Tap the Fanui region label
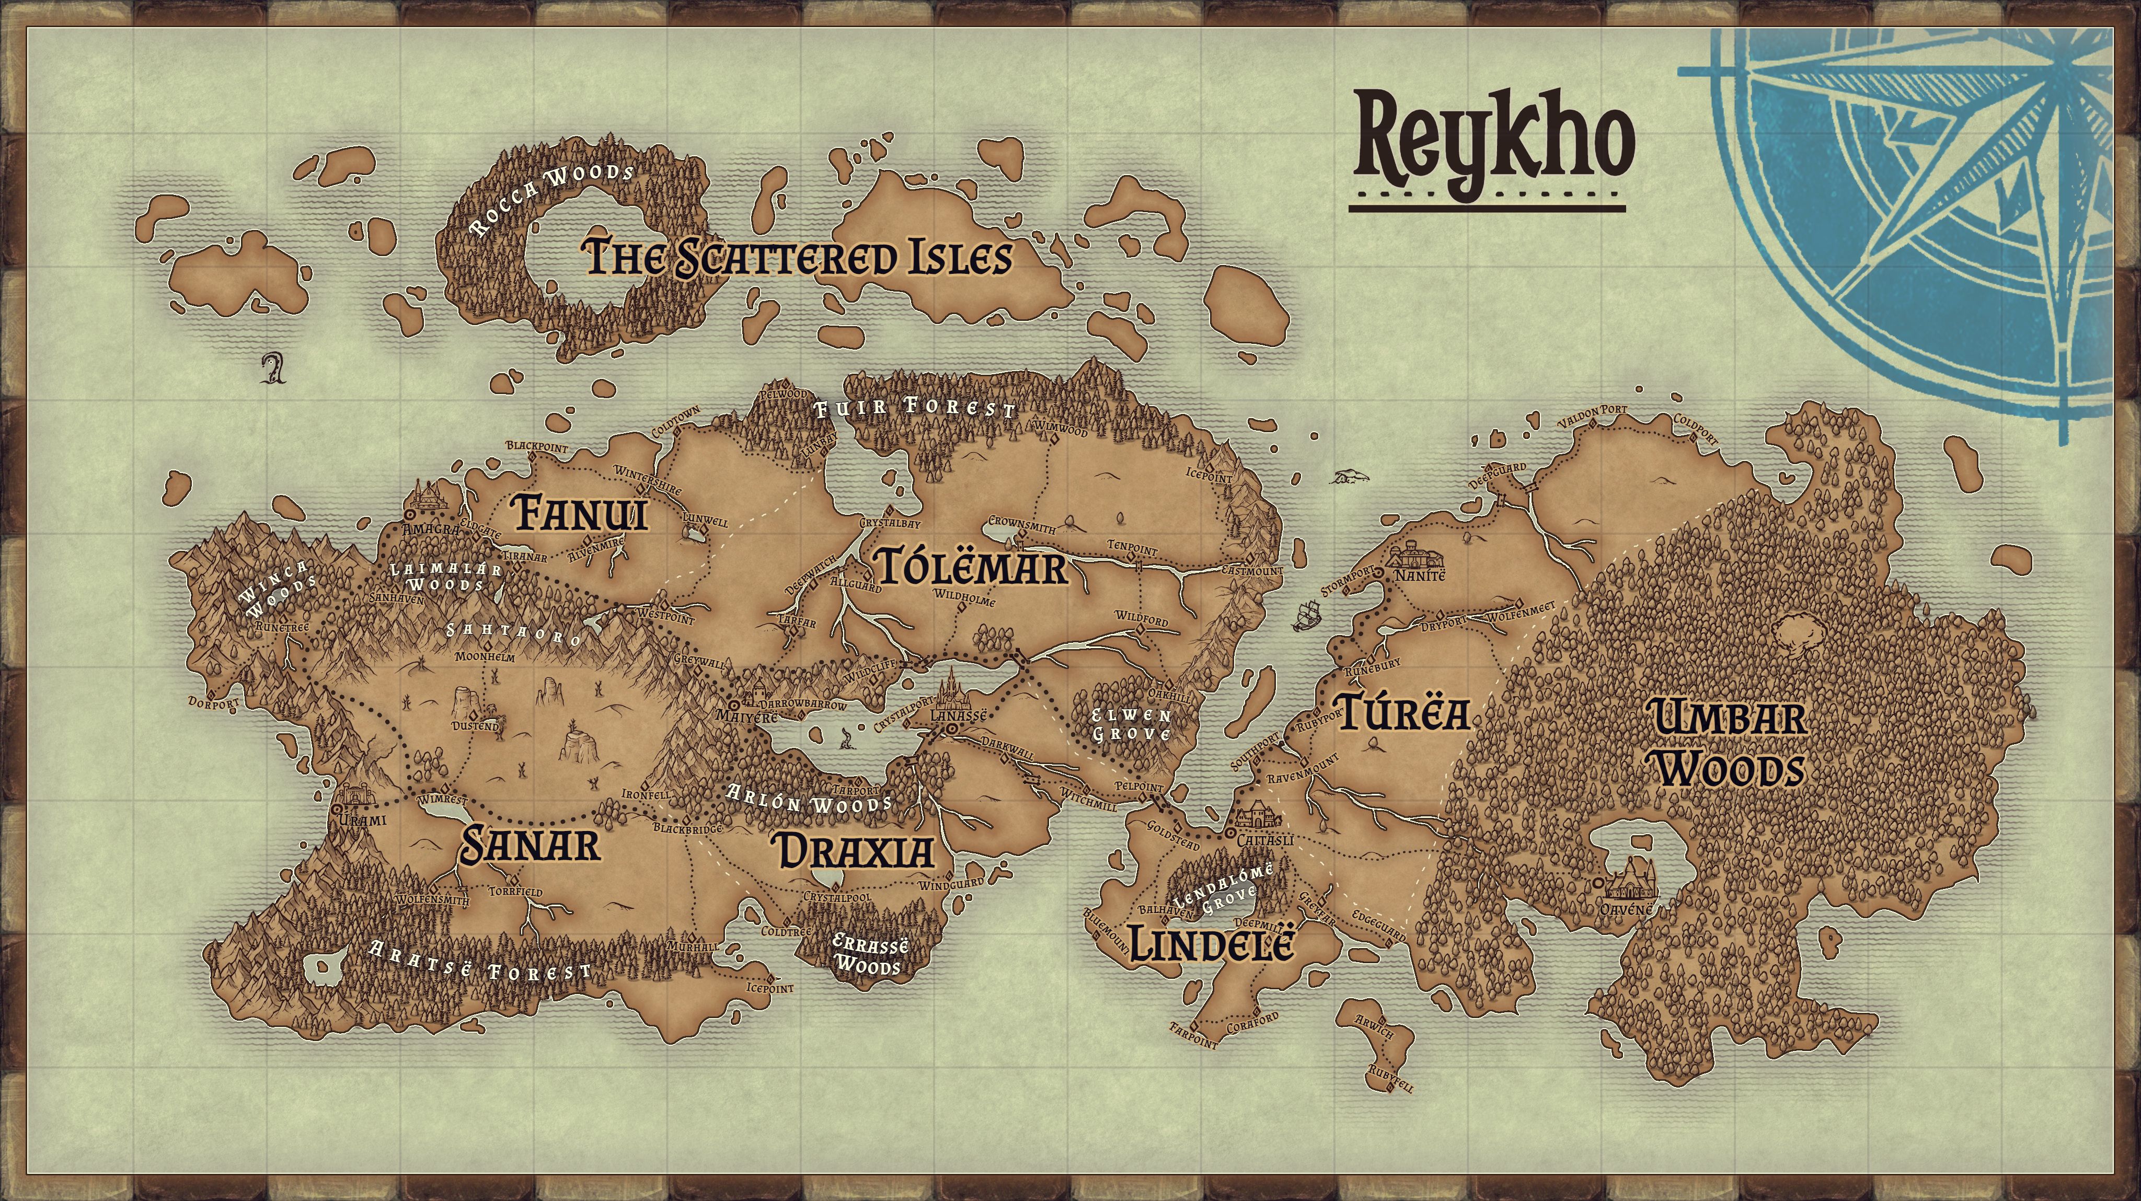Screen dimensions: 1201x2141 (581, 512)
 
